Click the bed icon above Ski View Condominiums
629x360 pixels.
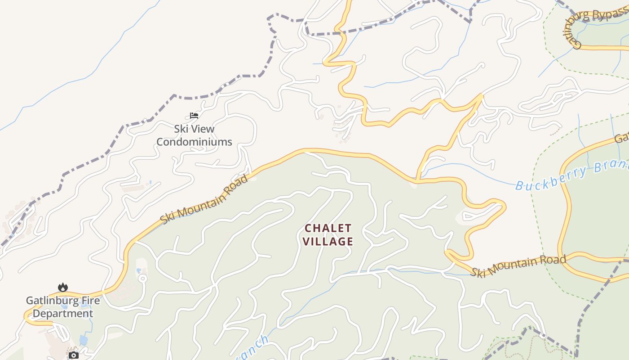tap(194, 116)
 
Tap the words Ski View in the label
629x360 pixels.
tap(194, 129)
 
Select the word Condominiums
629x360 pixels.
tap(194, 142)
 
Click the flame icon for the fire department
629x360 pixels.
tap(63, 287)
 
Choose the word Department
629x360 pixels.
tap(63, 314)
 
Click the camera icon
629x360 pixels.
tap(74, 355)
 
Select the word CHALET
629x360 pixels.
tap(328, 228)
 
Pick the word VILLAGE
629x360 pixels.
tap(328, 242)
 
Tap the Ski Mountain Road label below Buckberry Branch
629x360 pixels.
tap(518, 266)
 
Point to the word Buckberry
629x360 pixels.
tap(550, 178)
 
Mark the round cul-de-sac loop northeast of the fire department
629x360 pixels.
tap(143, 278)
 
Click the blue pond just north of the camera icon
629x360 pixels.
tap(84, 340)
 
